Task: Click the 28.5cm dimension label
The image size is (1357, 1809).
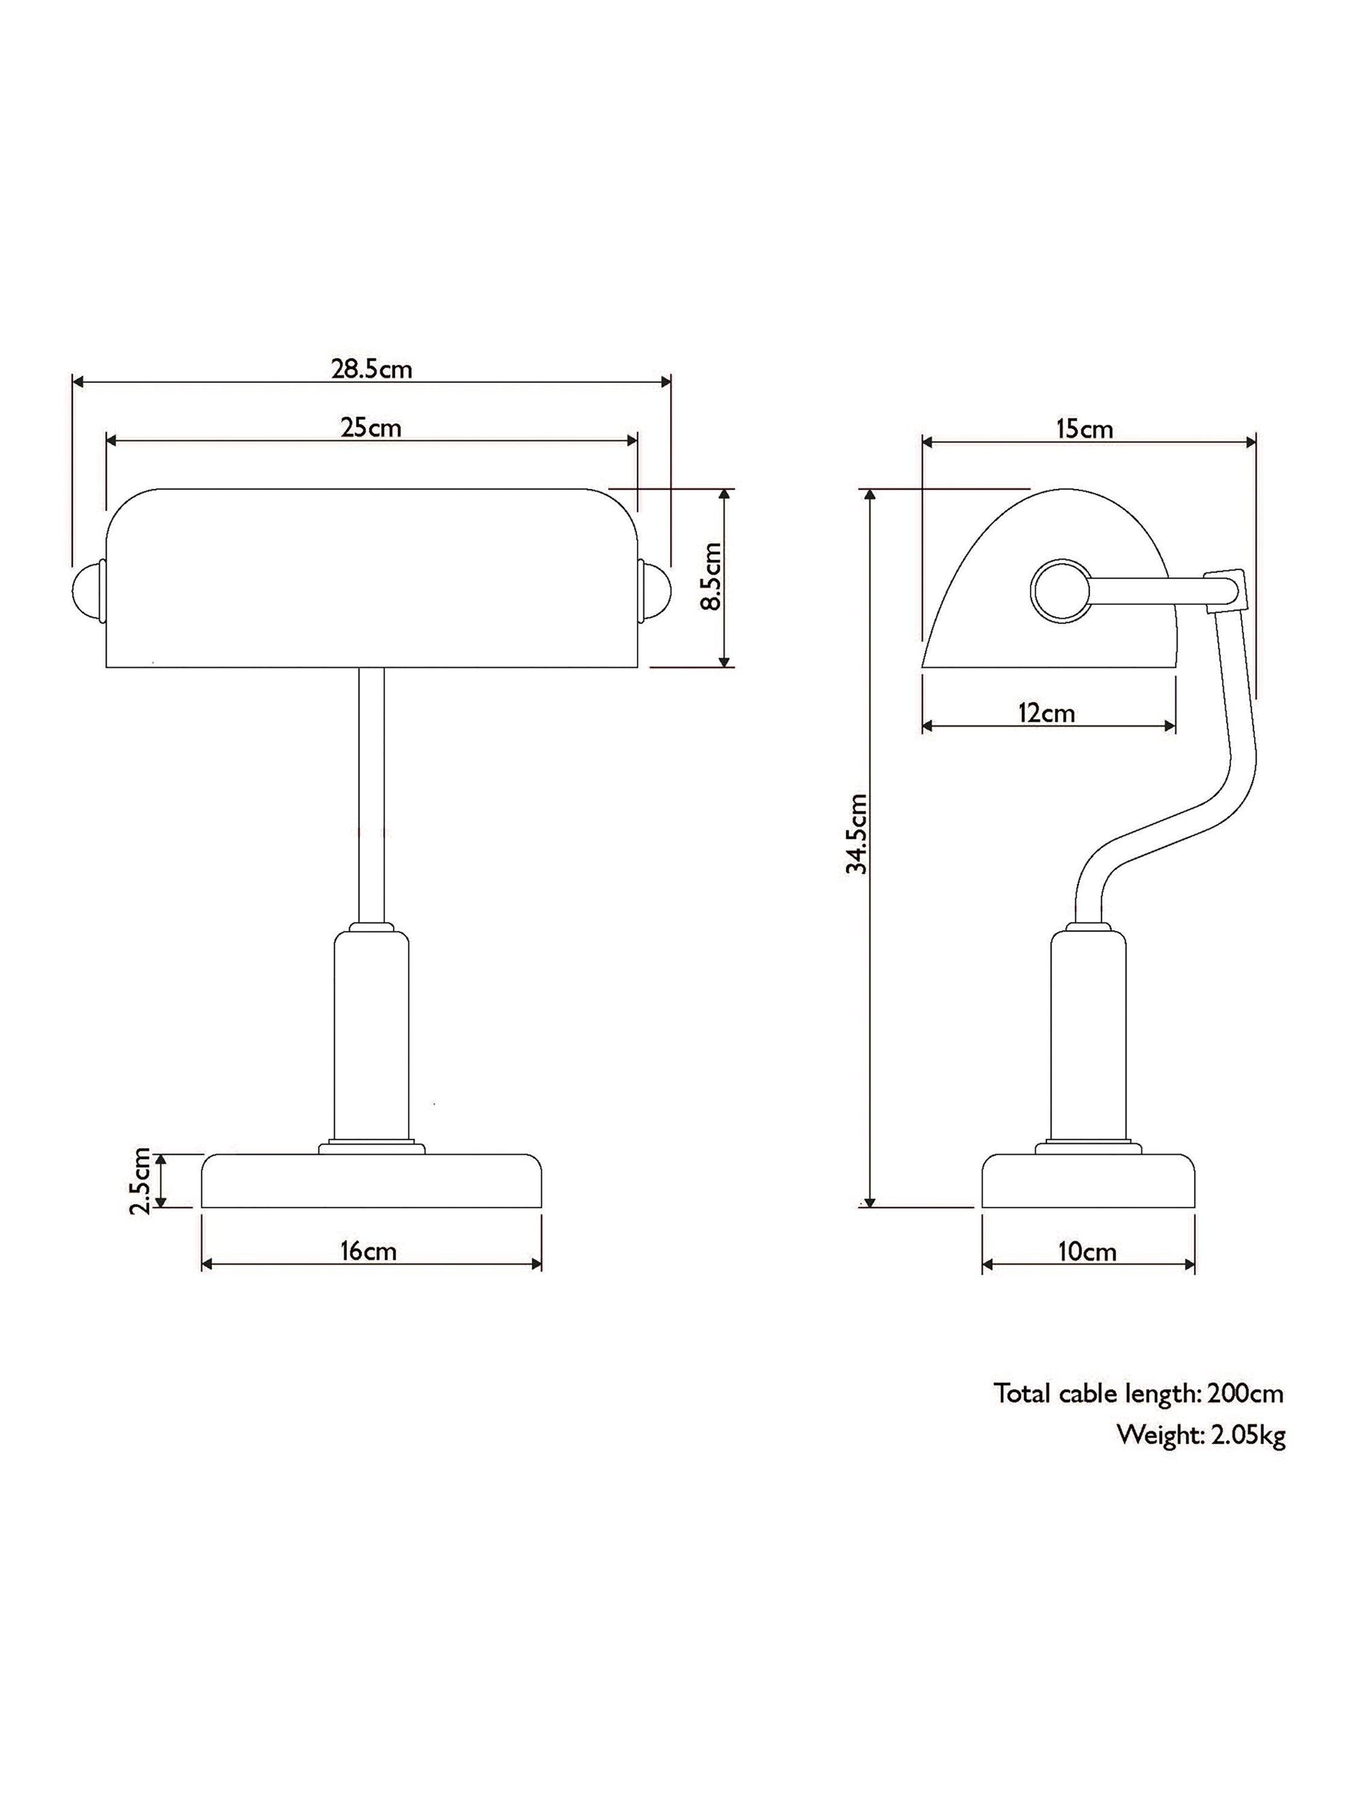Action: click(372, 369)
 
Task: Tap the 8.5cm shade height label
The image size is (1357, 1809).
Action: click(712, 576)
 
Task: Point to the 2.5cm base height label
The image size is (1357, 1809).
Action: click(140, 1180)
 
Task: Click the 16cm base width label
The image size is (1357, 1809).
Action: click(369, 1251)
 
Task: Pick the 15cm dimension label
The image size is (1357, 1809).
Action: click(1084, 429)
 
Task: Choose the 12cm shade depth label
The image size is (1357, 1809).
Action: click(1046, 713)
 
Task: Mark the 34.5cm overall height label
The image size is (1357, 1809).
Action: click(856, 833)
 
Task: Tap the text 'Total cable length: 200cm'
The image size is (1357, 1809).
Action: click(1139, 1394)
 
